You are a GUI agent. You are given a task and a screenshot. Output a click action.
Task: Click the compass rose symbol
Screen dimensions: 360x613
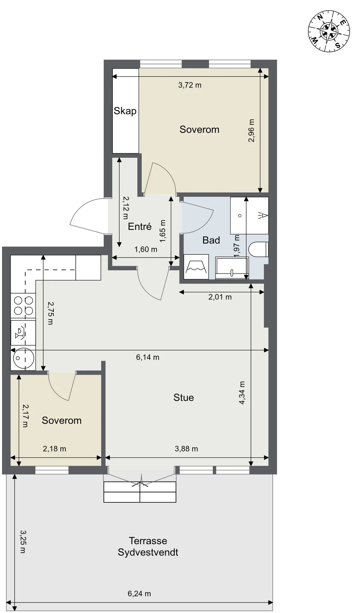click(329, 31)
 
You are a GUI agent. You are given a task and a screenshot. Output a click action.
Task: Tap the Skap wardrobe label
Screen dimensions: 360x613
click(125, 111)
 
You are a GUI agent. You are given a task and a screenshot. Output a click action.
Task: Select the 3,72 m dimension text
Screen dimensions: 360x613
click(190, 85)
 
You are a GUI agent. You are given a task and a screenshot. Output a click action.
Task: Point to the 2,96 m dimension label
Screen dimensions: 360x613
click(251, 130)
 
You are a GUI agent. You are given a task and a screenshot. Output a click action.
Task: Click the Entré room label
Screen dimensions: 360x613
click(140, 226)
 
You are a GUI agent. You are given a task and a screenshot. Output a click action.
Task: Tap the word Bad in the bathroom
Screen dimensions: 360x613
click(211, 240)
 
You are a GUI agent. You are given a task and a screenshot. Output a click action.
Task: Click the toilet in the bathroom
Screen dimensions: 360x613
click(259, 249)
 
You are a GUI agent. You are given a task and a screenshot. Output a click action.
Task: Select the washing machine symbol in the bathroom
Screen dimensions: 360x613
click(196, 267)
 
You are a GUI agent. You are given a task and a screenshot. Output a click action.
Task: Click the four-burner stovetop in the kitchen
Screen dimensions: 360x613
click(23, 306)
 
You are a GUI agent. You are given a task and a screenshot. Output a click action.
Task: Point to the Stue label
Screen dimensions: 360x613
click(184, 397)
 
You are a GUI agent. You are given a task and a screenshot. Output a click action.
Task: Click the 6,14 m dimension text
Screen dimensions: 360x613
click(147, 357)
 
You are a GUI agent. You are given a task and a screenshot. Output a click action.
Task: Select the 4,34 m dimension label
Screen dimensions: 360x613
click(242, 393)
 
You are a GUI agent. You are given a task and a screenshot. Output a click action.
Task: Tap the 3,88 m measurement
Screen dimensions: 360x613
click(186, 449)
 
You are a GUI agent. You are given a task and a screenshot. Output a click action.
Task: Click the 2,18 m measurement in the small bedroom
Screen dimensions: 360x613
click(54, 449)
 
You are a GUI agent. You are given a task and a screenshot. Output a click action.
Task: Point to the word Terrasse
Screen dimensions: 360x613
click(148, 540)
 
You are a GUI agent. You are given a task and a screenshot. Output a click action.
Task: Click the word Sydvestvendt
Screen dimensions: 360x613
click(148, 552)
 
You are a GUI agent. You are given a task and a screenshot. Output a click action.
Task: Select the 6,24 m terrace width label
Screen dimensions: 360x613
click(139, 594)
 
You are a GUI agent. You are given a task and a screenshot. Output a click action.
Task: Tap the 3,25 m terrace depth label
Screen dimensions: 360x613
click(23, 541)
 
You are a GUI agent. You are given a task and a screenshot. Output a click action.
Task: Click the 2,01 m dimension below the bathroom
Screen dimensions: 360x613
click(220, 297)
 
